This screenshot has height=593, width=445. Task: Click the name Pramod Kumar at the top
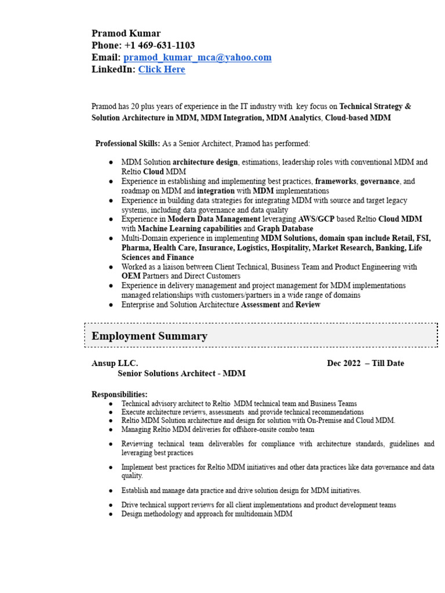126,33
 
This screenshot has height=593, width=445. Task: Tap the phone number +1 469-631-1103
159,45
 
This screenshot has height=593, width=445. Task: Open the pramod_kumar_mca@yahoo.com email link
197,57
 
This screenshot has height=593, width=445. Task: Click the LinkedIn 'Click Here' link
162,69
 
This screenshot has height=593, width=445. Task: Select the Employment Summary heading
149,336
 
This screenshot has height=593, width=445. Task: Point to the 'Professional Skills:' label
127,143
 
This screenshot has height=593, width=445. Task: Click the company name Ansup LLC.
115,363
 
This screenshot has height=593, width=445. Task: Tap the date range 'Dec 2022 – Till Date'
365,363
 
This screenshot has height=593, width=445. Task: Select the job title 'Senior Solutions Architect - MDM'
181,374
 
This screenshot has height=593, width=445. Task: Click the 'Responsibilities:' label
119,394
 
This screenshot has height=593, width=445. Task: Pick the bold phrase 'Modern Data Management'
214,219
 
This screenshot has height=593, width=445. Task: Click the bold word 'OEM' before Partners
131,276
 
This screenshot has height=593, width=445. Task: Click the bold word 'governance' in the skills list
380,181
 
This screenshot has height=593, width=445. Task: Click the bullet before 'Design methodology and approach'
110,514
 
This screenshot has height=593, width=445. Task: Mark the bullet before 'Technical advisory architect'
110,404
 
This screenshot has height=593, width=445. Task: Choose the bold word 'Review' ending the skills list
308,305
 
